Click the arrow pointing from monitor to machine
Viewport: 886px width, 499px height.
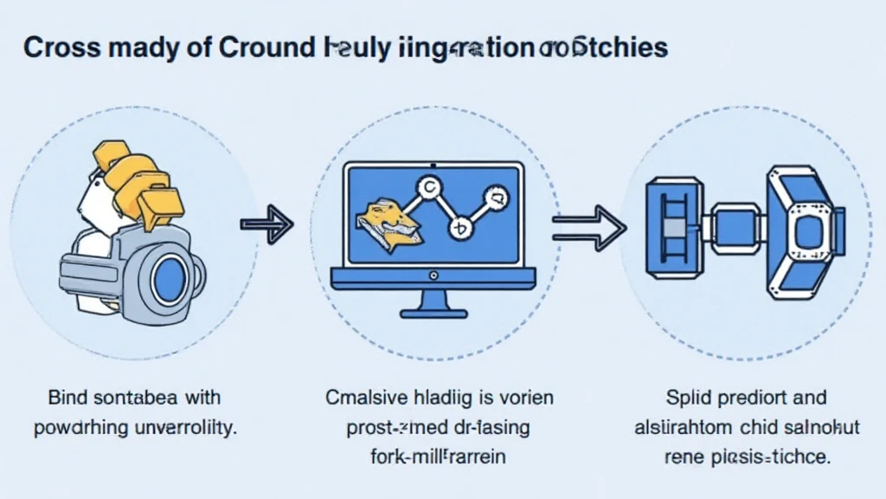(x=588, y=226)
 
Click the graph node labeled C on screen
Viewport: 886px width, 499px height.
(x=426, y=185)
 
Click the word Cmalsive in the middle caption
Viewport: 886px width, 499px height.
(x=364, y=399)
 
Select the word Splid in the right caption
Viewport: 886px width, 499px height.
(x=689, y=399)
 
